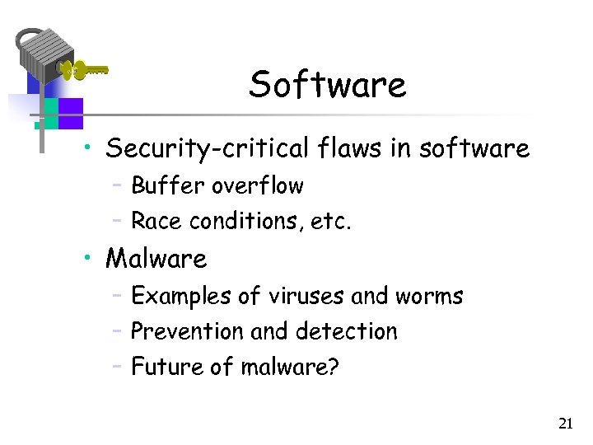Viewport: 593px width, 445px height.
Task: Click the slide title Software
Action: point(327,84)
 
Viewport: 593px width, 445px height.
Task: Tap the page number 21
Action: point(565,424)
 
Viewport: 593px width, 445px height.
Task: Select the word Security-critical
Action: point(207,149)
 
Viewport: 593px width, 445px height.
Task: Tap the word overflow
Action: point(257,186)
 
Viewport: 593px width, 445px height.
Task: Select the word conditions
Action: point(233,221)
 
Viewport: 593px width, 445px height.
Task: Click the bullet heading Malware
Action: point(156,259)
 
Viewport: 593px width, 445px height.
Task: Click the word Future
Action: point(167,366)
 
